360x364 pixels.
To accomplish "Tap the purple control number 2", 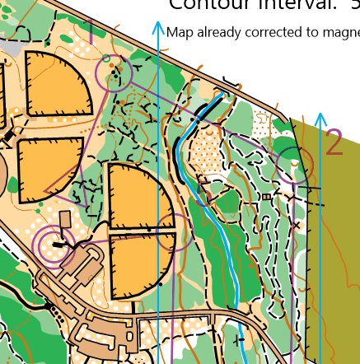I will coord(334,142).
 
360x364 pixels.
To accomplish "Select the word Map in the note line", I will coord(179,33).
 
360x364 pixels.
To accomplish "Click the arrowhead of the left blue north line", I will coord(158,27).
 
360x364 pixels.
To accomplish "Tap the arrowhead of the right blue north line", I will coord(320,118).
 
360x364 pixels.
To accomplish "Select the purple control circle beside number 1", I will coord(114,72).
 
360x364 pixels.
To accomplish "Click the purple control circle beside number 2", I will coord(293,164).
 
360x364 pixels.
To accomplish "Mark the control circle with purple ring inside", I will coord(54,245).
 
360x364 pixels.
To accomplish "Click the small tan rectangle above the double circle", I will coord(66,220).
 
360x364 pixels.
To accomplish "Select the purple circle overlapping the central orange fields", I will coord(174,232).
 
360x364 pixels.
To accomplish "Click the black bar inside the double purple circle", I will coord(58,245).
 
